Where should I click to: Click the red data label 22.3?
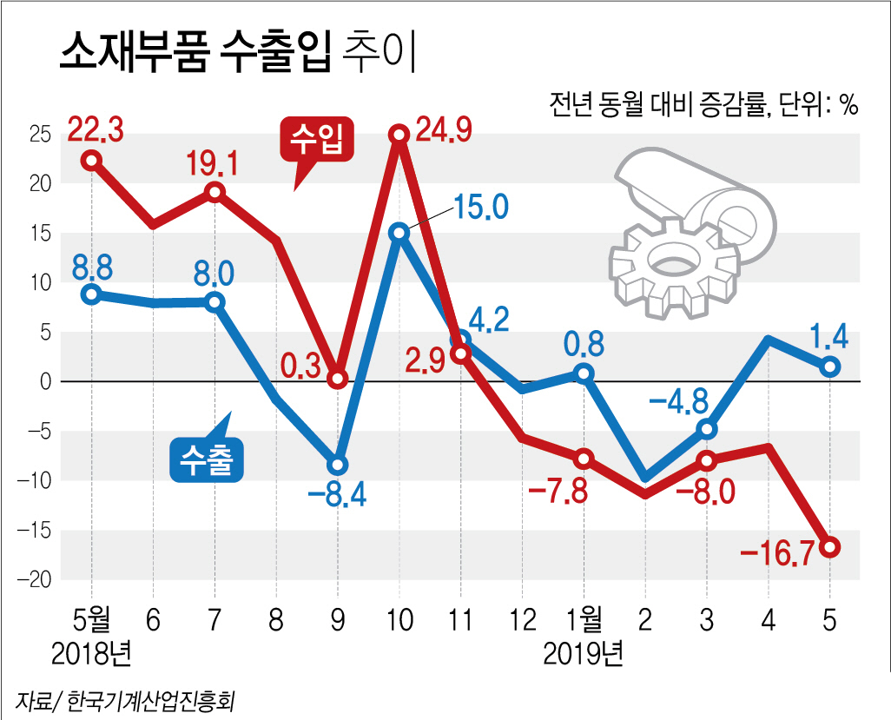tap(96, 131)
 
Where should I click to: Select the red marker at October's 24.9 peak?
tap(399, 134)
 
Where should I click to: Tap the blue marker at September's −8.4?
tap(337, 466)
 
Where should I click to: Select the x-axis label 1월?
tap(584, 619)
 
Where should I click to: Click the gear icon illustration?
tap(673, 264)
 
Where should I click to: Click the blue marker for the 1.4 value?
tap(830, 367)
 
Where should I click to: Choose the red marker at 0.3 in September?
tap(338, 379)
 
